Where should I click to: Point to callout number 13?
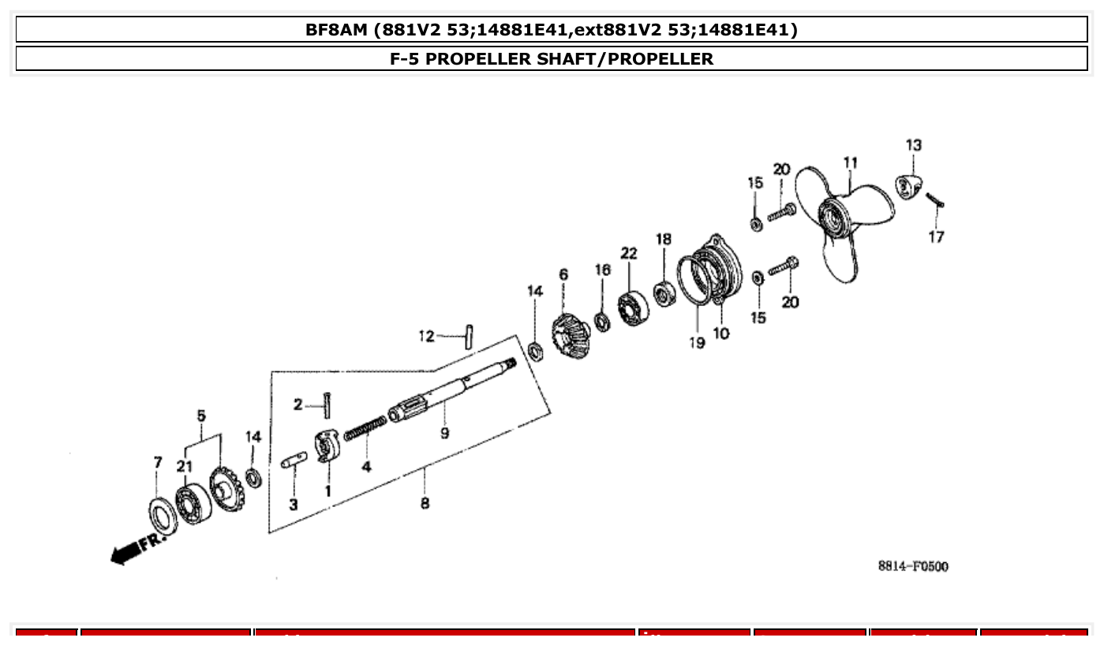(x=913, y=145)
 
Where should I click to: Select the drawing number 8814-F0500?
(x=912, y=566)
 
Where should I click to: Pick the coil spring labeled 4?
(x=365, y=430)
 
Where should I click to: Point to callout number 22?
(x=629, y=253)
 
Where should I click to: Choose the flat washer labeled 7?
(x=163, y=517)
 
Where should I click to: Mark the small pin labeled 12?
(x=468, y=337)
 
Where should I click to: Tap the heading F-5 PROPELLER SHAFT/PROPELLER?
(x=552, y=58)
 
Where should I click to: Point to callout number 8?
(x=425, y=502)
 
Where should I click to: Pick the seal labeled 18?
(x=663, y=293)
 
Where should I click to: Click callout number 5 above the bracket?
(x=201, y=415)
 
